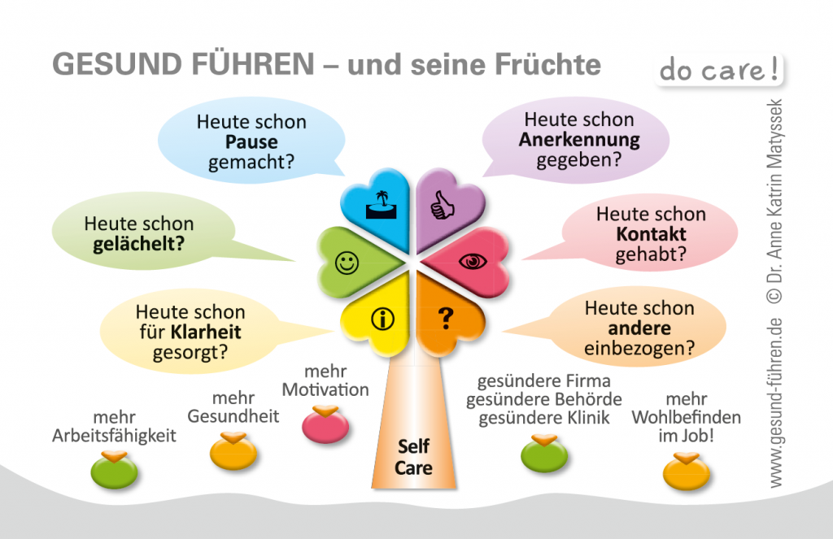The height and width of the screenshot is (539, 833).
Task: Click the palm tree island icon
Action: click(382, 206)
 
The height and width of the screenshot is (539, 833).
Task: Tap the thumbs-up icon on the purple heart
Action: click(442, 206)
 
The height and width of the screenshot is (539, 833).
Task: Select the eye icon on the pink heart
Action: click(473, 261)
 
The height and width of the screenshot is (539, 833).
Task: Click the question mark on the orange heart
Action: click(446, 319)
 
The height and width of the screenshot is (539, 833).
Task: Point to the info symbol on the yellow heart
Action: click(382, 319)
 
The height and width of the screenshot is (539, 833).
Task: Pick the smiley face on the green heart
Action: click(347, 263)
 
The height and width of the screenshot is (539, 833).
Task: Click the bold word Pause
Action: click(251, 141)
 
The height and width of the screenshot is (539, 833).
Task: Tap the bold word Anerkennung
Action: click(579, 140)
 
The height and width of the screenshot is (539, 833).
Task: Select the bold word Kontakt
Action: click(651, 233)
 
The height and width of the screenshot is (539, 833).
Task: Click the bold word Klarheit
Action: click(206, 332)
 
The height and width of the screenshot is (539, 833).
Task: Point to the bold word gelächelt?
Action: click(138, 244)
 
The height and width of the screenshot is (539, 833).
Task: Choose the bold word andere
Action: click(639, 328)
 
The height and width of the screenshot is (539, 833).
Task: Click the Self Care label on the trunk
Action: click(413, 457)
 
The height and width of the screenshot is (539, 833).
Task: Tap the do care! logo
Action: click(719, 70)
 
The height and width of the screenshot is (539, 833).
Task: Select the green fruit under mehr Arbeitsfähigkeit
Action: click(114, 469)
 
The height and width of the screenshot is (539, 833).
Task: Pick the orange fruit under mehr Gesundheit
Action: click(233, 451)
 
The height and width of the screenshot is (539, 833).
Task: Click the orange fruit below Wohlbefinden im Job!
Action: click(687, 471)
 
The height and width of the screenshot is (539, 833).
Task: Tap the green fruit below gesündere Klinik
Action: click(544, 453)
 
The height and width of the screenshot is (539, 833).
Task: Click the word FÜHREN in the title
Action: click(252, 64)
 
